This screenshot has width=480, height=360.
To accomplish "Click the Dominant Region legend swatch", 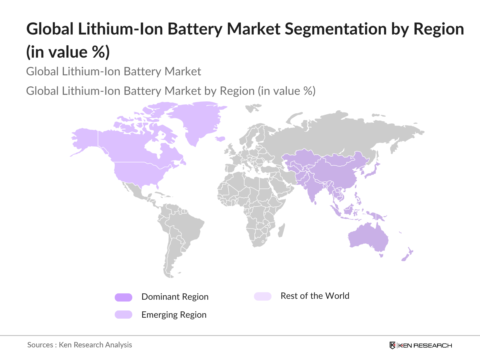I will [x=123, y=297].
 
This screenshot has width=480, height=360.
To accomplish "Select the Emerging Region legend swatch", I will [x=123, y=314].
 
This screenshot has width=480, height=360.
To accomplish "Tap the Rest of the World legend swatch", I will [x=262, y=296].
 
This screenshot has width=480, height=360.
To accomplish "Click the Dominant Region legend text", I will [x=175, y=297].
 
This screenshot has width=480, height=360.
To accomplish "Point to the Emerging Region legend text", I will [x=174, y=315].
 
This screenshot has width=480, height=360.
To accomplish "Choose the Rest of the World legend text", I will [x=315, y=296].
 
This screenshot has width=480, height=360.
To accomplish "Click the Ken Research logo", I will [x=421, y=345].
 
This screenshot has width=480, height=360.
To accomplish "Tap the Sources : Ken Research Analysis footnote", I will [x=79, y=345].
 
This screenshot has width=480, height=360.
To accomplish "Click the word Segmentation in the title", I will [x=336, y=29].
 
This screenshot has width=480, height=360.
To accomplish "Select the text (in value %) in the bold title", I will [x=68, y=52].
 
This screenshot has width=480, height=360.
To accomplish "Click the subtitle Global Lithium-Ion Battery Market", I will [x=113, y=71].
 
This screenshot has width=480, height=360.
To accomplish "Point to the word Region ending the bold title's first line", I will [x=439, y=29].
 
